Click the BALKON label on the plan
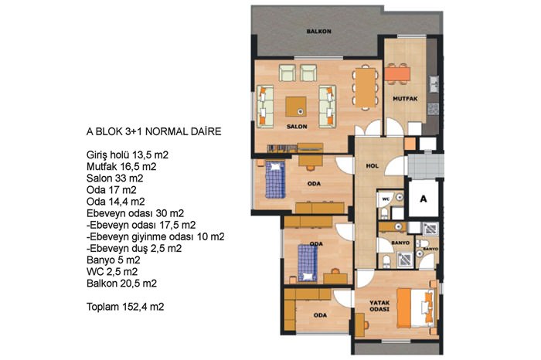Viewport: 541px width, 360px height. click(x=318, y=32)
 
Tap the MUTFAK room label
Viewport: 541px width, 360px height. click(x=405, y=99)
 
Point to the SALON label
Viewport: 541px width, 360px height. click(x=297, y=127)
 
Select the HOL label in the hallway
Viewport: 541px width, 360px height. click(x=373, y=166)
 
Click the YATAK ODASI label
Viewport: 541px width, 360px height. click(x=379, y=306)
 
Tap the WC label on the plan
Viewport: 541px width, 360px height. click(x=386, y=199)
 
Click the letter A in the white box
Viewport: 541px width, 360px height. click(x=424, y=199)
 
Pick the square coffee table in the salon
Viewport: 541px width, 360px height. click(x=296, y=107)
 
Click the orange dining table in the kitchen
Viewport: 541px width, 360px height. click(x=397, y=74)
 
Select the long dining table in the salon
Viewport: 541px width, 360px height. click(x=366, y=87)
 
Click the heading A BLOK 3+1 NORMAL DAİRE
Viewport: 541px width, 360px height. click(x=154, y=132)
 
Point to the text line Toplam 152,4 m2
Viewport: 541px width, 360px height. click(x=125, y=307)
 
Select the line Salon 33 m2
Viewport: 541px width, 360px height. click(x=115, y=178)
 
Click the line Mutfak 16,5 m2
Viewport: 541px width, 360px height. click(x=121, y=167)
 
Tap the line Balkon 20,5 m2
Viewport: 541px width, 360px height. click(x=122, y=284)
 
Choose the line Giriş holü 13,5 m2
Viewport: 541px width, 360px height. click(x=128, y=155)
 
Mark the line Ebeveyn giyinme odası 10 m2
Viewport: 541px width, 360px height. click(x=155, y=237)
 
